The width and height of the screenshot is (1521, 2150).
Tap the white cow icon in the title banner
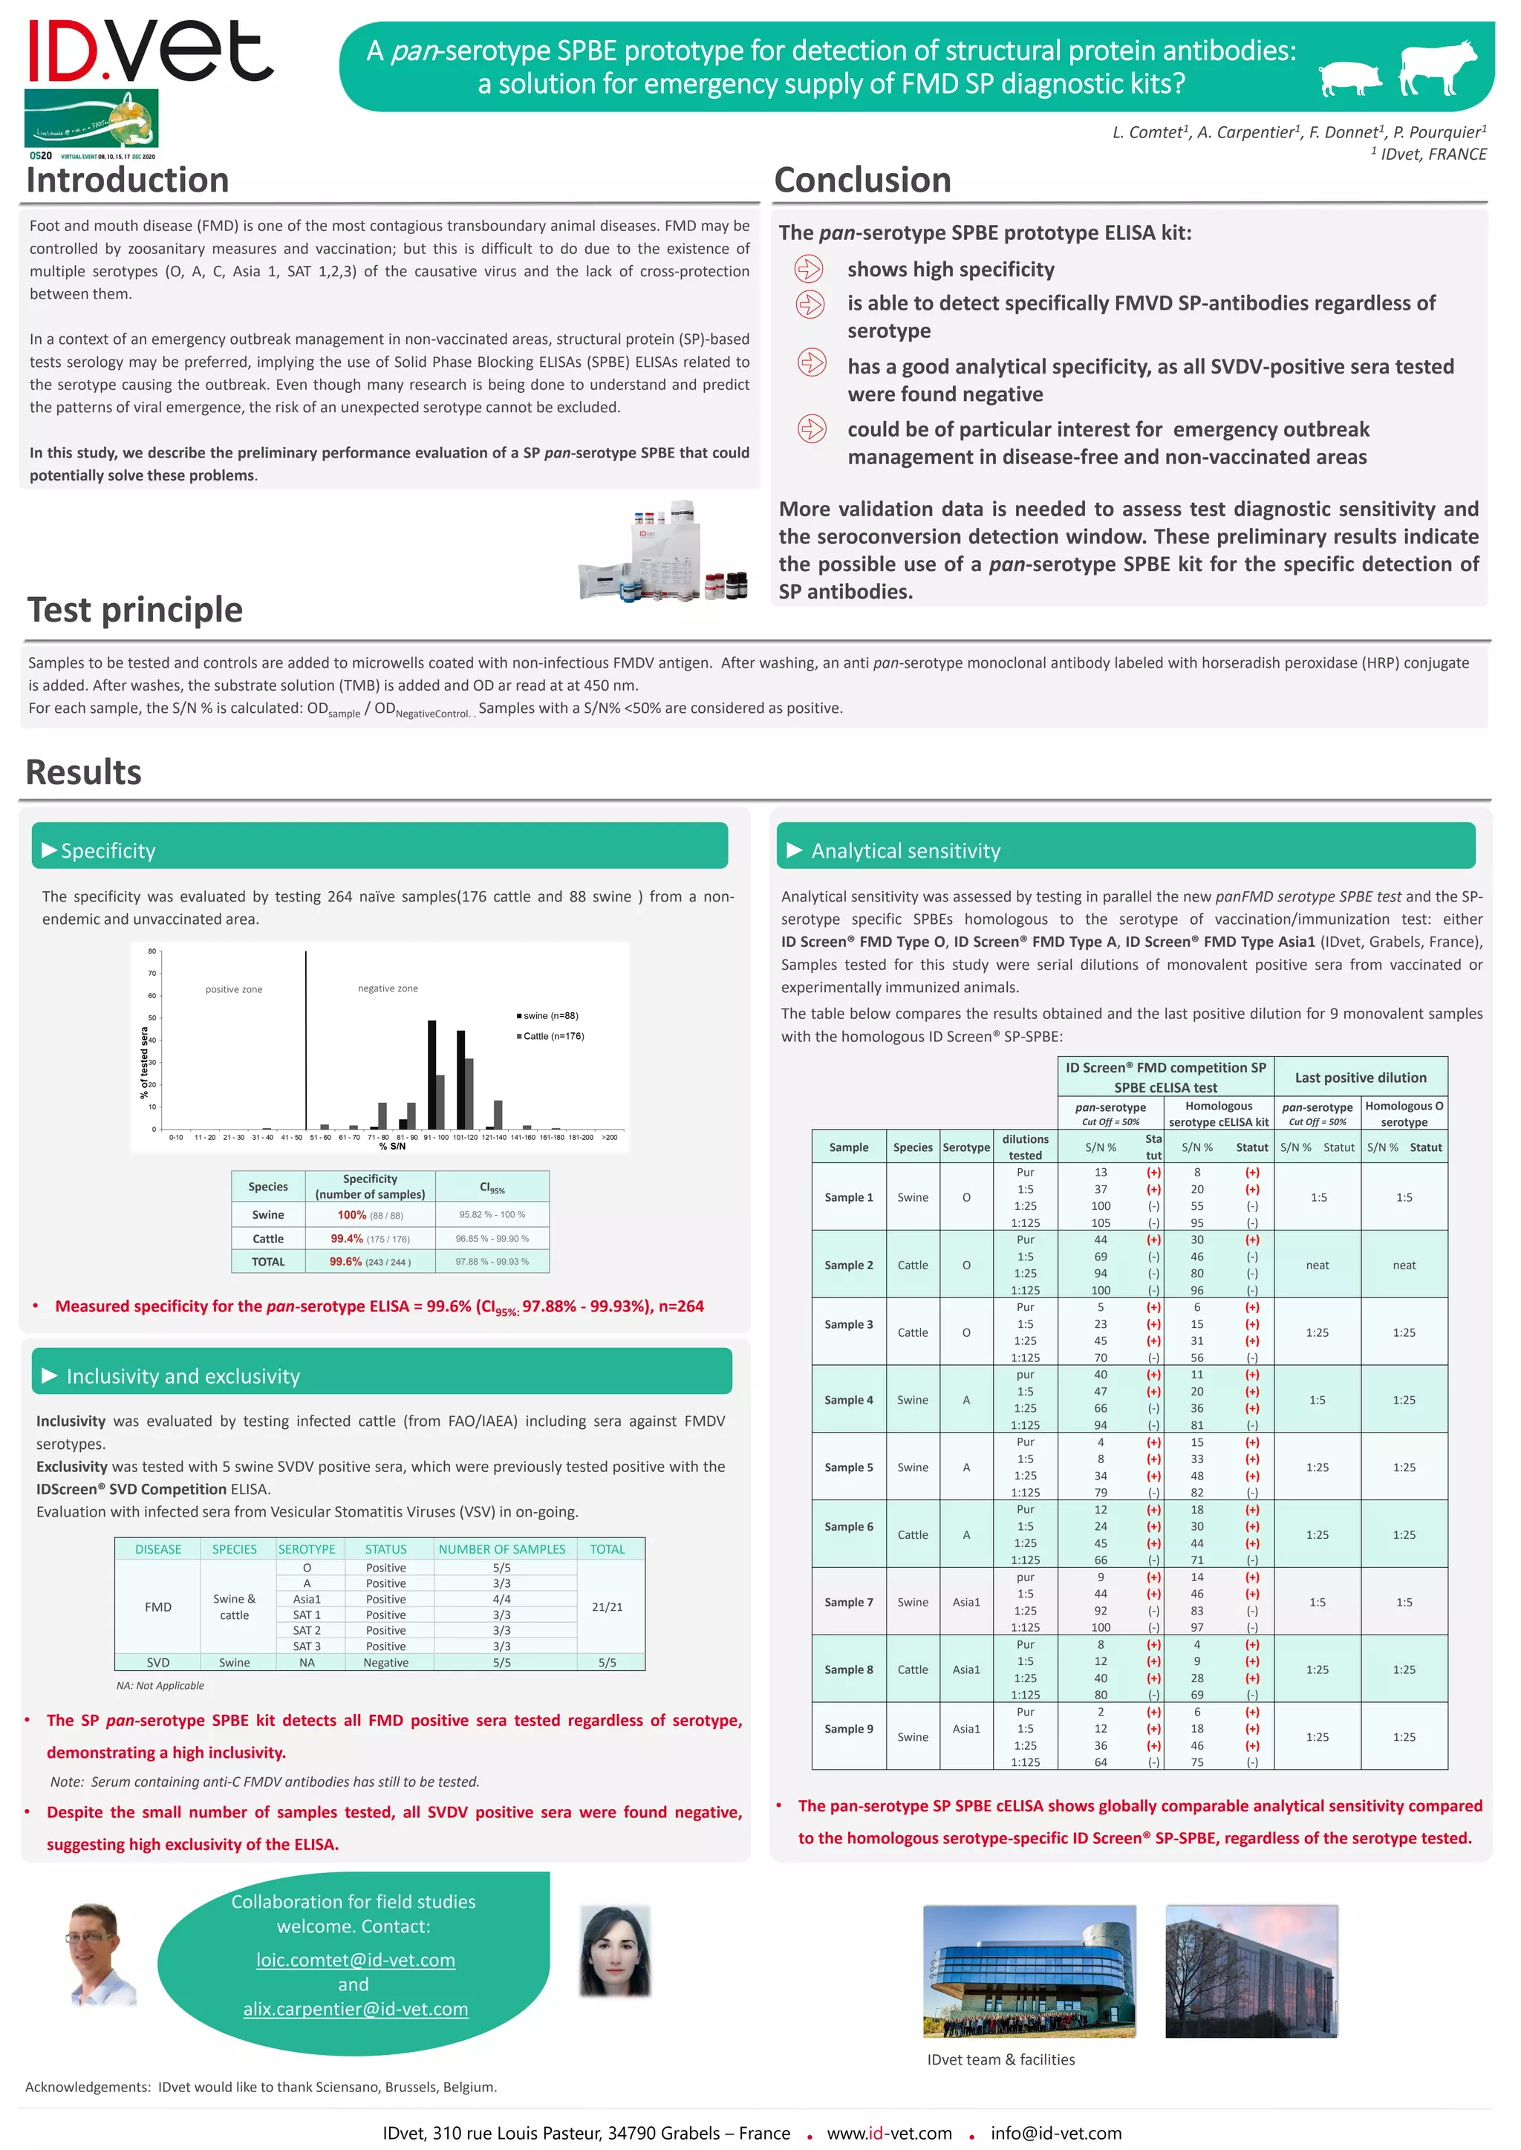(1437, 68)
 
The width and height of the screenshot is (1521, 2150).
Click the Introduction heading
(128, 180)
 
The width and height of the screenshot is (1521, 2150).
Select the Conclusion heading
(862, 180)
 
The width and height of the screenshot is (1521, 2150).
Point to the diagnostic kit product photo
(663, 552)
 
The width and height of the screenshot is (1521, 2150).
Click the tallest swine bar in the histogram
(431, 1074)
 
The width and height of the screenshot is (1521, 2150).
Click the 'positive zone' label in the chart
(234, 988)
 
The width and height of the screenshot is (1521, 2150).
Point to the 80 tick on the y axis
(152, 951)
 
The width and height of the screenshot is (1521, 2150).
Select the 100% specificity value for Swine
(352, 1214)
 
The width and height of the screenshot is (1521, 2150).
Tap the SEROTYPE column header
(306, 1549)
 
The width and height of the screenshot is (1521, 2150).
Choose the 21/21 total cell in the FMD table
(607, 1607)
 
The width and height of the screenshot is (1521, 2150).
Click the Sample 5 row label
(849, 1467)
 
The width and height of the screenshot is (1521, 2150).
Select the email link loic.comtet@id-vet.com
(356, 1960)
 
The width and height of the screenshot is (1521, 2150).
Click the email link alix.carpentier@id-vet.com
(356, 2009)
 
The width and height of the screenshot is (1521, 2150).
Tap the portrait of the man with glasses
(98, 1954)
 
